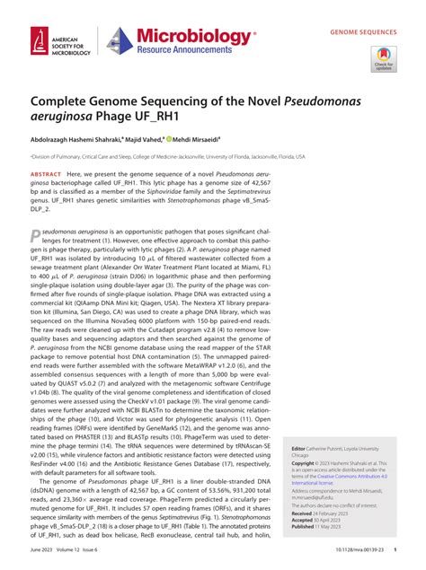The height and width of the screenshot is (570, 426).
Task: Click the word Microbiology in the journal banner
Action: [194, 35]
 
